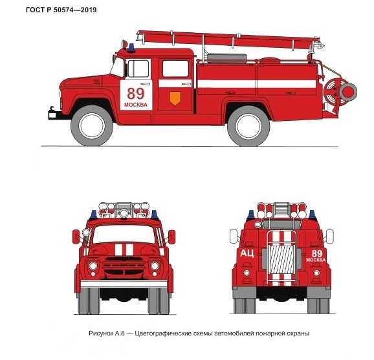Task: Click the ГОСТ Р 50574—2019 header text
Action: (61, 10)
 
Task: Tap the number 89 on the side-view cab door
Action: (136, 94)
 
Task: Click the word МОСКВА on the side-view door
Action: (136, 105)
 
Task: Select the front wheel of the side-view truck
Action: (92, 125)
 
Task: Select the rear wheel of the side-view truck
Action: (248, 126)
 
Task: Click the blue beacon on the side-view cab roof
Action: (131, 48)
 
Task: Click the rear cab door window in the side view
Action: (175, 69)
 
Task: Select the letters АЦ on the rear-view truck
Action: (247, 253)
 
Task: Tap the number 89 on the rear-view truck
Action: (317, 253)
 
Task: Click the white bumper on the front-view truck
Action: (124, 284)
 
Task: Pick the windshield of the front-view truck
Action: (124, 234)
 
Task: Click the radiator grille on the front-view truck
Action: (124, 266)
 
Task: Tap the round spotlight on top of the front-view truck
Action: (124, 213)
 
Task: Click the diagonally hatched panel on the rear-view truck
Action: (281, 259)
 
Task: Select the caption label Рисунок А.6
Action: (107, 334)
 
